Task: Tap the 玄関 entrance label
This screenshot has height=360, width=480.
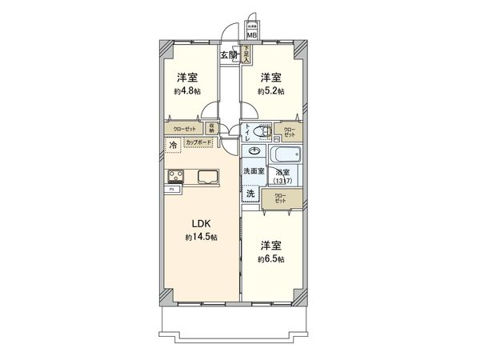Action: (228, 54)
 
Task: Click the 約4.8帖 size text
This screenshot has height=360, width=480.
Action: (187, 92)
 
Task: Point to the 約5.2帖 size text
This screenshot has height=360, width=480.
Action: (270, 92)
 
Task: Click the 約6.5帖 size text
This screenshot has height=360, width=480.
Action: (270, 259)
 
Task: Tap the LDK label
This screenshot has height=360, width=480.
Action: (199, 224)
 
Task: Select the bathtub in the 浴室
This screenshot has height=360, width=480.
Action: (285, 154)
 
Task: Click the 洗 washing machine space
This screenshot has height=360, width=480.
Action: (250, 194)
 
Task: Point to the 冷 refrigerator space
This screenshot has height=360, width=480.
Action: (173, 145)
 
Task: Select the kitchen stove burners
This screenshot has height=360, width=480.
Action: (174, 176)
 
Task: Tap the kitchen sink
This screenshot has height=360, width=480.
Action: (206, 176)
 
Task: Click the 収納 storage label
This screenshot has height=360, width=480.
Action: (212, 128)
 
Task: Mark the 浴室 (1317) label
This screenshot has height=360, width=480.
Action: (282, 176)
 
